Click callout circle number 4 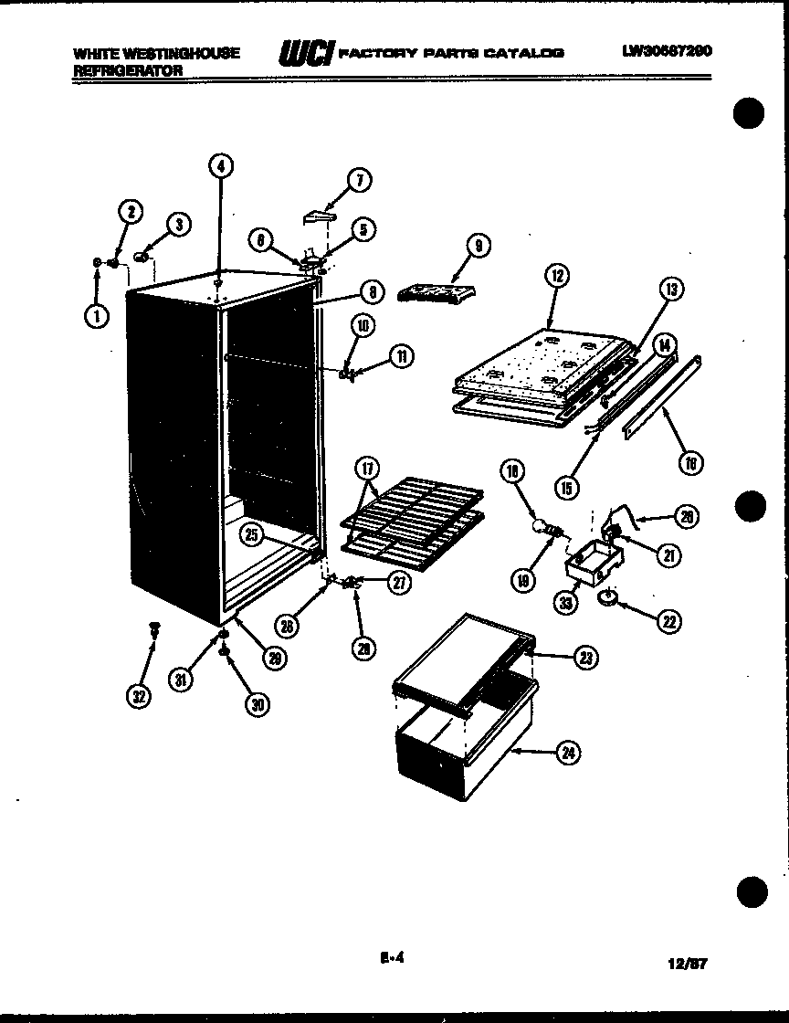coord(220,165)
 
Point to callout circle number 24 coord(569,753)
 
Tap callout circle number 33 coord(567,604)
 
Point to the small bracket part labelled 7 coord(316,217)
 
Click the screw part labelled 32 coord(153,629)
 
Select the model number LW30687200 coord(667,51)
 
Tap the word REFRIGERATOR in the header coord(128,69)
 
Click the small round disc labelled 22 coord(607,597)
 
